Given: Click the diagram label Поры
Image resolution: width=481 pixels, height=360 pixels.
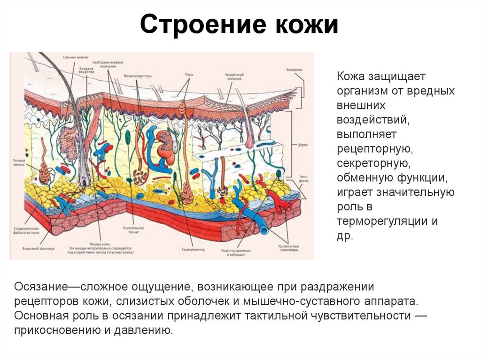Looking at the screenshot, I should pyautogui.click(x=188, y=74).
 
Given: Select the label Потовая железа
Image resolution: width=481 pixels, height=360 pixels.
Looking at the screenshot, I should pyautogui.click(x=18, y=163).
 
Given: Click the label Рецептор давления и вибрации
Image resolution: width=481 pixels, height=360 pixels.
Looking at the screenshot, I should pyautogui.click(x=238, y=253).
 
